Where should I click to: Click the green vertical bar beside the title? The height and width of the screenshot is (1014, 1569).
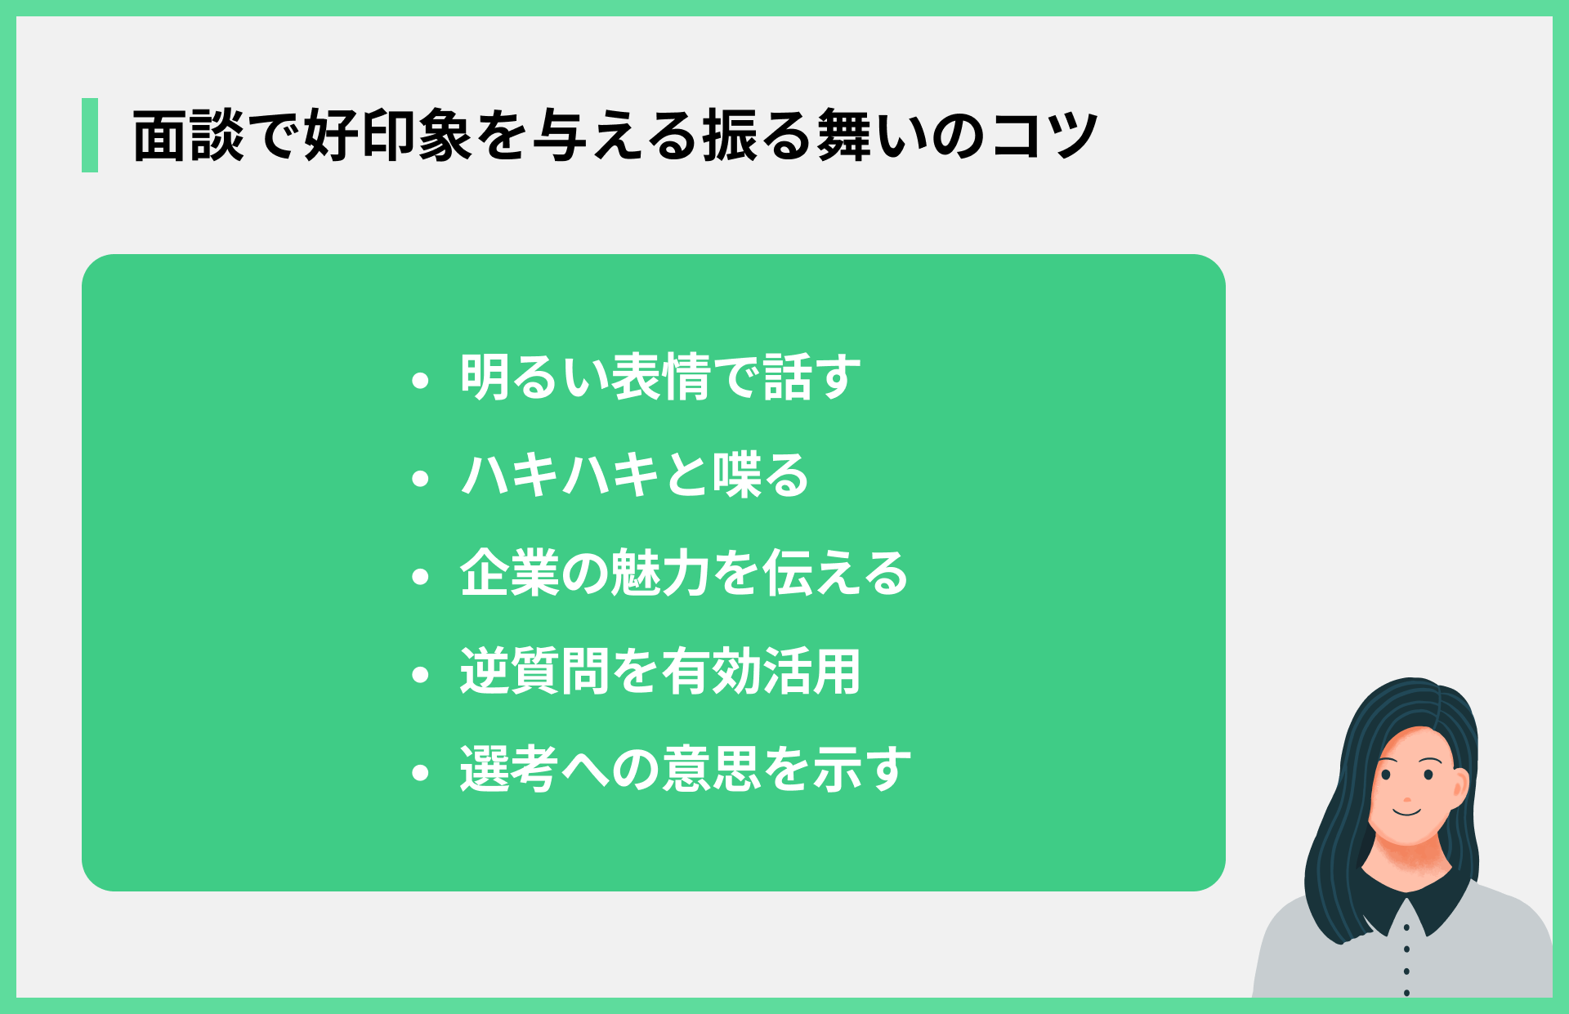(x=90, y=135)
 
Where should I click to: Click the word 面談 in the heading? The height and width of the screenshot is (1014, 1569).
(x=188, y=136)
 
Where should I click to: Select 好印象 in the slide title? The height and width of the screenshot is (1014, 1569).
(x=388, y=136)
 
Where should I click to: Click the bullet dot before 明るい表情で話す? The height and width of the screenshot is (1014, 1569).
(x=421, y=380)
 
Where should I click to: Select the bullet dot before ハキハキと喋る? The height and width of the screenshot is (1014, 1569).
(x=421, y=478)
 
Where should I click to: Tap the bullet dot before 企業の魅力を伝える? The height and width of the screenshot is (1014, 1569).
(x=421, y=576)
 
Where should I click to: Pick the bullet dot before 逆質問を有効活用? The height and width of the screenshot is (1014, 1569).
(x=421, y=674)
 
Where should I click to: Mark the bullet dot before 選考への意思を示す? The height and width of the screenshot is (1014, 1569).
(x=421, y=772)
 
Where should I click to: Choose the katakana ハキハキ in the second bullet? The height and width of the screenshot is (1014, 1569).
(x=560, y=476)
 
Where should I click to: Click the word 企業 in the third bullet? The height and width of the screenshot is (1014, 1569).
(x=509, y=574)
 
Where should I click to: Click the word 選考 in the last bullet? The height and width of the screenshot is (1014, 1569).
(x=509, y=770)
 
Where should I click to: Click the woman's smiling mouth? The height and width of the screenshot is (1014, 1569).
(x=1407, y=812)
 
